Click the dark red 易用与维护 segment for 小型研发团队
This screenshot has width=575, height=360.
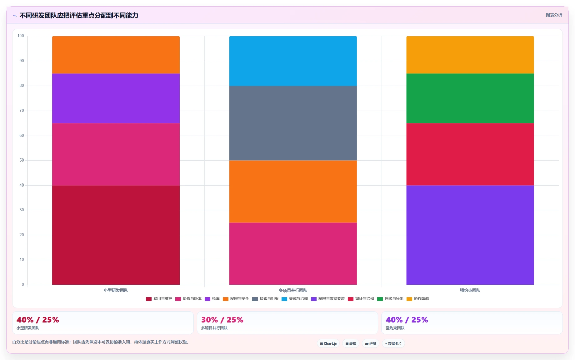click(116, 235)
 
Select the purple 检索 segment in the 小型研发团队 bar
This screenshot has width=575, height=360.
click(116, 98)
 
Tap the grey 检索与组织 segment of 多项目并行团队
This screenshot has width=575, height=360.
click(293, 123)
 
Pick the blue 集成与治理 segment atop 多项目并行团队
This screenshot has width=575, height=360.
click(293, 61)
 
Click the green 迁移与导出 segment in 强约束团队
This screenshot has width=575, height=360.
click(470, 98)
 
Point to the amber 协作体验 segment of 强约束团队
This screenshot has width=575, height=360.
click(470, 55)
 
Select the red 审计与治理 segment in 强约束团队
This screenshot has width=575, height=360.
click(470, 154)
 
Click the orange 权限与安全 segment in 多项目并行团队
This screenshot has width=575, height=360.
click(293, 192)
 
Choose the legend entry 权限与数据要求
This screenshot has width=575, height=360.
click(328, 299)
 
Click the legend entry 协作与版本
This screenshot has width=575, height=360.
click(188, 299)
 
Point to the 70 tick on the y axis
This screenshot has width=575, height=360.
click(22, 111)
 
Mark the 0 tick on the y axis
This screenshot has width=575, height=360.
click(23, 285)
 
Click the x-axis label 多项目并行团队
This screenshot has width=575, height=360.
click(293, 290)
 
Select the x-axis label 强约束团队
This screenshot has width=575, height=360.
click(470, 290)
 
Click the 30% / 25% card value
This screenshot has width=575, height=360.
click(222, 320)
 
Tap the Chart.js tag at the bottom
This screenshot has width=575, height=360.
click(328, 343)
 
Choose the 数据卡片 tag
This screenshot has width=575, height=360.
click(393, 343)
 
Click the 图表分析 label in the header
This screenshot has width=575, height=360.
click(554, 15)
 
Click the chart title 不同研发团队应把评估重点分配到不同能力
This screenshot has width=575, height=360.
click(79, 15)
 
